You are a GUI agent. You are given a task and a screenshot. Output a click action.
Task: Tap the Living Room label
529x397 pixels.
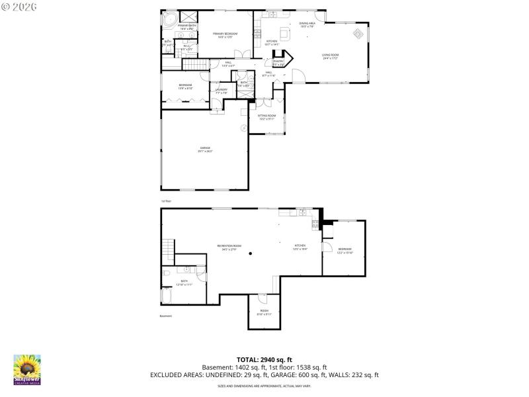click(330, 57)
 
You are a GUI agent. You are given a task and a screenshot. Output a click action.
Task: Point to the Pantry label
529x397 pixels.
click(278, 62)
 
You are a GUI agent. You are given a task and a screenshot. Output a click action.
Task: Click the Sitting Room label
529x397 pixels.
click(266, 116)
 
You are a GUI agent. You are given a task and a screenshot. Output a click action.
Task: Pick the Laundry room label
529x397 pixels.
click(222, 91)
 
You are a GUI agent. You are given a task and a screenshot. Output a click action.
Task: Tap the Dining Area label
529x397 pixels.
click(307, 24)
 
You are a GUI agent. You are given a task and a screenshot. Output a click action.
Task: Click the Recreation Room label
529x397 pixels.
click(229, 247)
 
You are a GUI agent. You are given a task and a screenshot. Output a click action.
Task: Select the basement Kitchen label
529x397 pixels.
click(300, 247)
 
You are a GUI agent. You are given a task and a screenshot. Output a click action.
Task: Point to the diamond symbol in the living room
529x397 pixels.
click(358, 33)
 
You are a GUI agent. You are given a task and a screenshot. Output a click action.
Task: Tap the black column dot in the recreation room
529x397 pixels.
click(250, 254)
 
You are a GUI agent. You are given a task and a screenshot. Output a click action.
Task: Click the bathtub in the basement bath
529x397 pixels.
click(167, 295)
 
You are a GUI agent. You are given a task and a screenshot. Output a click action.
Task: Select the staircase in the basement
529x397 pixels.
click(168, 250)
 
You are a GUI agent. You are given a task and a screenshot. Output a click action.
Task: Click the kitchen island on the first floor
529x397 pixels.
click(285, 32)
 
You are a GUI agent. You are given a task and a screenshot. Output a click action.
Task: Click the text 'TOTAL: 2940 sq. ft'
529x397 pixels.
click(264, 359)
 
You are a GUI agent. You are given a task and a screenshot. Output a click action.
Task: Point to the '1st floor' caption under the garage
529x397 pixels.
click(166, 200)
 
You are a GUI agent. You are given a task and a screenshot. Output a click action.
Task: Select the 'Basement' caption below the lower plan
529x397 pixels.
click(166, 316)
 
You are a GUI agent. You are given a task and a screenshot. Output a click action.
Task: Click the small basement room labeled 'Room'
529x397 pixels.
click(264, 312)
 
